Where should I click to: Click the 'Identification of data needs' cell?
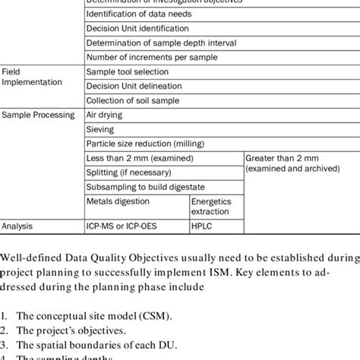click(x=139, y=14)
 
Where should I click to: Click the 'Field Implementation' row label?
click(x=30, y=77)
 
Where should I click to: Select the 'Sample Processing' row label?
click(x=38, y=115)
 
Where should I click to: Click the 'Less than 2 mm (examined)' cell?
click(x=140, y=158)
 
